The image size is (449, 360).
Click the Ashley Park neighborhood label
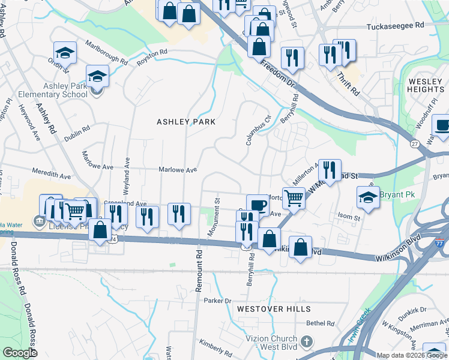pos(185,121)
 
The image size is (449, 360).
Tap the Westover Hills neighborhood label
pos(273,308)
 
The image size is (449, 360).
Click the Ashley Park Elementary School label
pos(52,90)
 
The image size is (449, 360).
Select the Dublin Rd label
pos(77,129)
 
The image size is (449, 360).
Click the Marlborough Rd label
pos(106,52)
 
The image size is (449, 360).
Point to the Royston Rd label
pos(151,58)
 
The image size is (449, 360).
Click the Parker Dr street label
pos(217,300)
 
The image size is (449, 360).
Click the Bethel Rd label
pos(319,323)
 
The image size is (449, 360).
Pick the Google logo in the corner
pos(19,353)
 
